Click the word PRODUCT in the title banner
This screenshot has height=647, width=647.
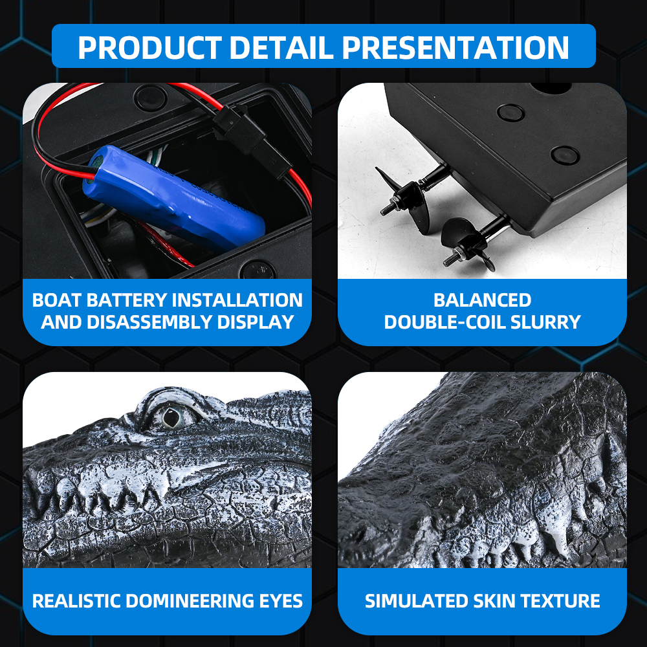point(150,47)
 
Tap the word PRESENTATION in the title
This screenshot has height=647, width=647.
point(455,47)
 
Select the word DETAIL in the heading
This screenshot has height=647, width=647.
point(281,47)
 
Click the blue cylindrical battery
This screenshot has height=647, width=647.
point(173,197)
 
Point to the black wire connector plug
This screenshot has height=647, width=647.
point(248,136)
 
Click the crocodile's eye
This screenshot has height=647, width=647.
point(171,417)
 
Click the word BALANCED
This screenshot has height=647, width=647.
point(483,300)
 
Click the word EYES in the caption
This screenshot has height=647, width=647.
point(281,601)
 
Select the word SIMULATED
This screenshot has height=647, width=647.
point(417,601)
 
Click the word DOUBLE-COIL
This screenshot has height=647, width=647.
point(445,322)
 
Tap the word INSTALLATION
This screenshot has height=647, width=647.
point(237,300)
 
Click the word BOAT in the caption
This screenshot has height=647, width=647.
point(58,300)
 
